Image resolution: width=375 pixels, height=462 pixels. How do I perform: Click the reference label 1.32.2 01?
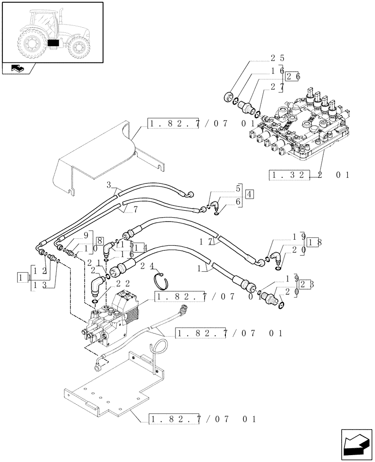pyautogui.click(x=309, y=175)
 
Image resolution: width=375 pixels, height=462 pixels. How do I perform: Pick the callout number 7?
pyautogui.click(x=134, y=210)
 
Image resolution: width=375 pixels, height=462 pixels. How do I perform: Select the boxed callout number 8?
pyautogui.click(x=100, y=241)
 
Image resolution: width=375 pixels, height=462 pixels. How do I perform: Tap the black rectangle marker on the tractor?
pyautogui.click(x=54, y=43)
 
